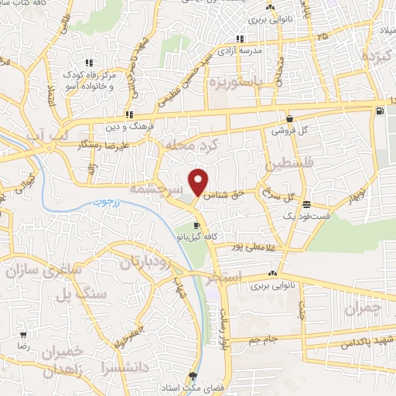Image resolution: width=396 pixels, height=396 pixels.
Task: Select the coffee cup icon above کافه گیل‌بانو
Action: click(x=196, y=224)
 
